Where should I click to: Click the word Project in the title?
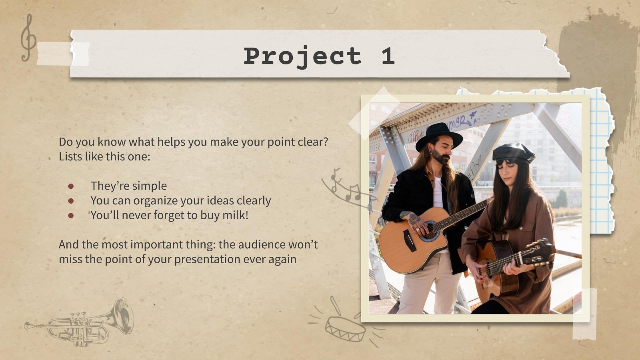(x=302, y=56)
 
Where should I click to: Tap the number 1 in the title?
(x=387, y=56)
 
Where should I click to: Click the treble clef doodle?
(x=28, y=38)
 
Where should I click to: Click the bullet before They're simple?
(x=71, y=186)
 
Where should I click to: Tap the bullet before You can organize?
(x=71, y=201)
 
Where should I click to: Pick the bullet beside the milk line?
(x=71, y=216)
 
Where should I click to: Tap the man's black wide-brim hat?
(x=438, y=135)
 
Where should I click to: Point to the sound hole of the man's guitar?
(x=430, y=232)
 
